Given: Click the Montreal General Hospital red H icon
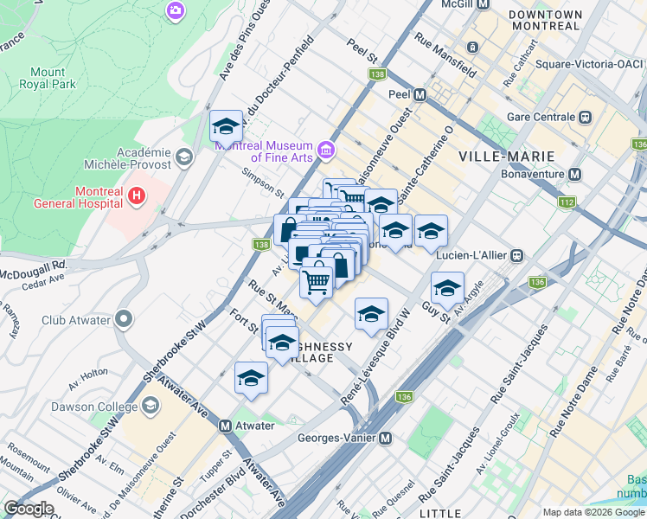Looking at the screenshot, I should pos(136,196).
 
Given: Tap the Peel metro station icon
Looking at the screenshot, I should pos(420,94).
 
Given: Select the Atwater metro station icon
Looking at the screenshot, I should pos(225,426).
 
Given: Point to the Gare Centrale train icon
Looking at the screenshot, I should pos(586,117).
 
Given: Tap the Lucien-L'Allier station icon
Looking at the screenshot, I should pos(517,255).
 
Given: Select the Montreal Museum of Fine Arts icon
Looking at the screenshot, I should pos(326,151).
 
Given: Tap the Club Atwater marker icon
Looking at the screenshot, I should pos(123,320).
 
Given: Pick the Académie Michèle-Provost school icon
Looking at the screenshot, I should pos(183,157).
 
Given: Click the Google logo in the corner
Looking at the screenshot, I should pos(29,508).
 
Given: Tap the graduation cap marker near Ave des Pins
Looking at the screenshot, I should pos(226,127).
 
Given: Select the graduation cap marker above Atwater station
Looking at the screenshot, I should pos(251,378).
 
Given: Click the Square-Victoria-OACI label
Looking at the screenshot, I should pos(588,64).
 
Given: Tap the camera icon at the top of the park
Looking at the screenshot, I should pos(176,10).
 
